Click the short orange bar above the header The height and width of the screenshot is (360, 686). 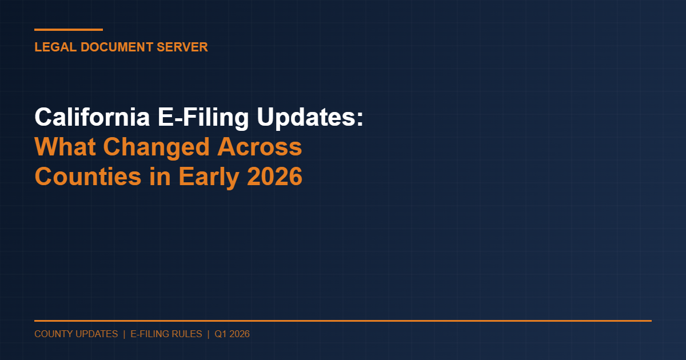pos(69,30)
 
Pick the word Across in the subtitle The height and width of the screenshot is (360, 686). pos(260,147)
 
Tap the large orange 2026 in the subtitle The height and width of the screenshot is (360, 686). pos(275,177)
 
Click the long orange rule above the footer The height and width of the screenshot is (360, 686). pos(343,321)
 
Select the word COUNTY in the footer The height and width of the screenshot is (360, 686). pos(54,334)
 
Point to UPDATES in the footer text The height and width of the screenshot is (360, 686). pos(97,334)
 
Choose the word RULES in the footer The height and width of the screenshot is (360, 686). pos(188,334)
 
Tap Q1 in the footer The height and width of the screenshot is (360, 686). pos(221,334)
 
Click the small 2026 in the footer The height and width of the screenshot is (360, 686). pos(240,334)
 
